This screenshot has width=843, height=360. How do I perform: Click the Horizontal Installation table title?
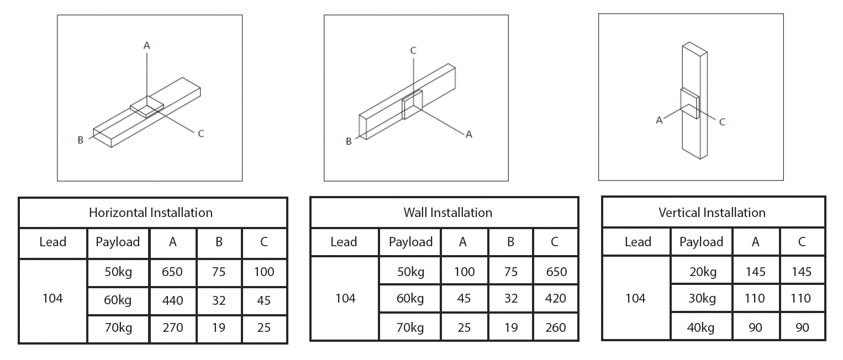click(150, 213)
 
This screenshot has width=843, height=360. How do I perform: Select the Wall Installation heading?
click(447, 213)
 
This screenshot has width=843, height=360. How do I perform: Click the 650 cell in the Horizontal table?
click(172, 272)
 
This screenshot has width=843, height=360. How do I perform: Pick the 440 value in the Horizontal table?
click(172, 300)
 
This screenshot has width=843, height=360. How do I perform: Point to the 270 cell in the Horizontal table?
click(172, 328)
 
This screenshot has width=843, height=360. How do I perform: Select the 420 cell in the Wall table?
click(555, 299)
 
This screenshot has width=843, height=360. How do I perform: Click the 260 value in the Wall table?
click(555, 327)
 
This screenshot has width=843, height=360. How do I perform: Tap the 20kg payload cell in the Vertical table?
click(702, 272)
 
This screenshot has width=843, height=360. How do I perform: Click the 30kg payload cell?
click(702, 299)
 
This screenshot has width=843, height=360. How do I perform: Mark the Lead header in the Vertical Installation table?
click(637, 242)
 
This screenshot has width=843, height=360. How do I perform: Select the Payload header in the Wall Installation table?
click(410, 242)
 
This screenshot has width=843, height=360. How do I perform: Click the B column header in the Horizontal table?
click(219, 242)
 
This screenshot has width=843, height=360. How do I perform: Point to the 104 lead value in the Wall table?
click(345, 299)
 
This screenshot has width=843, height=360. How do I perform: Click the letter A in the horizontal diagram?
click(146, 46)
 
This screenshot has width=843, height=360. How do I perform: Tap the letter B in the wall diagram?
click(349, 141)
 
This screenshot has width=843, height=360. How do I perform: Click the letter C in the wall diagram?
click(413, 51)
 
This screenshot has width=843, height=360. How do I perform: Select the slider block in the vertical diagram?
click(690, 104)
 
